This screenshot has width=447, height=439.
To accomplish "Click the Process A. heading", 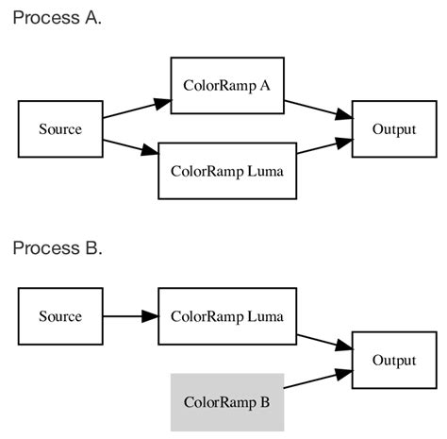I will tap(57, 19).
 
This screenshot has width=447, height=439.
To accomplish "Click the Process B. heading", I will tap(57, 248).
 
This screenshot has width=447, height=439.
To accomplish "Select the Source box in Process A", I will tap(59, 128).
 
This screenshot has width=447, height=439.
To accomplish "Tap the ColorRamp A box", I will tap(226, 85).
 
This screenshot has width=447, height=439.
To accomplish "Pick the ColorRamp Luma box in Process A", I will tap(226, 171).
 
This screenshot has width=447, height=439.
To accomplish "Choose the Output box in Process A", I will tap(394, 128).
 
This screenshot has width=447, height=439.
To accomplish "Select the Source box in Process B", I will tap(59, 316).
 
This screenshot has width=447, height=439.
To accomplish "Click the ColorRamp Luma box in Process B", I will tap(226, 316).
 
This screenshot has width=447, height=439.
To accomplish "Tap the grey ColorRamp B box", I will tap(226, 401).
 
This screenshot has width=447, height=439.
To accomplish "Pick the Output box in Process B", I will tap(394, 360).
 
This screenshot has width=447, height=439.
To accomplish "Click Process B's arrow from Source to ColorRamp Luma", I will tap(128, 316).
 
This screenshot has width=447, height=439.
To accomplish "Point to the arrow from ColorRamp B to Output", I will tap(317, 378).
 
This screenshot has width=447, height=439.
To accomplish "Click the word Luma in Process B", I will tap(265, 316).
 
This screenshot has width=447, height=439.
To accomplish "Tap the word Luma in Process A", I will tap(265, 171).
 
